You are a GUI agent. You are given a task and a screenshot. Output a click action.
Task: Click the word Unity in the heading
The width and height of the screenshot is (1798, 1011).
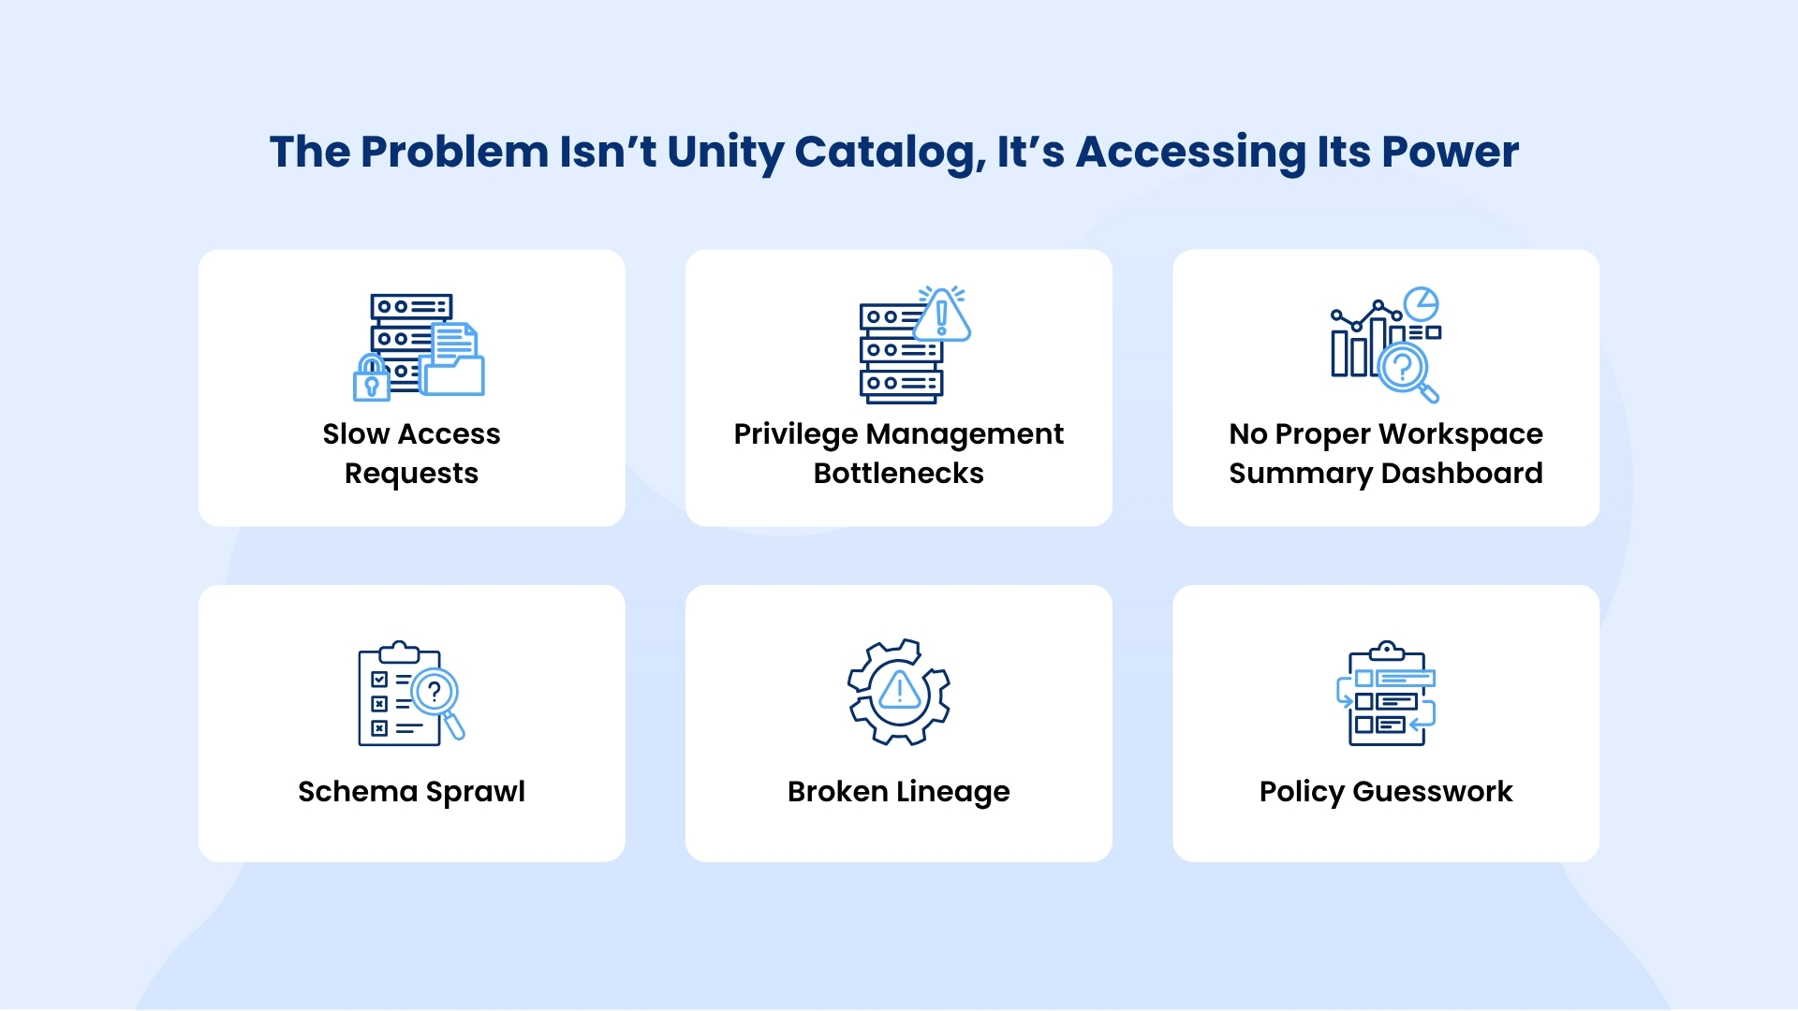tap(725, 153)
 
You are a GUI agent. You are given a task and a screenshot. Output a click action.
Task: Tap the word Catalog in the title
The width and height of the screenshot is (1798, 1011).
tap(891, 153)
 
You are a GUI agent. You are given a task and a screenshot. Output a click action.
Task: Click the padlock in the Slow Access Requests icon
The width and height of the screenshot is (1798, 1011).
tap(371, 378)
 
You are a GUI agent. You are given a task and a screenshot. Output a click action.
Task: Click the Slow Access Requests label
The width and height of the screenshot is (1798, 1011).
tap(411, 454)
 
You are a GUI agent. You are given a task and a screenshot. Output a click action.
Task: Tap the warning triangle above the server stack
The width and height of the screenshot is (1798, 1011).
tap(942, 315)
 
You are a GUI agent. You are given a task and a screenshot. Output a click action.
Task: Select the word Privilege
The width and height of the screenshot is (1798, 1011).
tap(796, 435)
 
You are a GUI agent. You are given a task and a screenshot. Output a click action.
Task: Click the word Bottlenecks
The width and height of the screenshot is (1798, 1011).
tap(899, 474)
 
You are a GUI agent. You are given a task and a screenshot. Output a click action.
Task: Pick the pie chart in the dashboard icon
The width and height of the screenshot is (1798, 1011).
tap(1422, 304)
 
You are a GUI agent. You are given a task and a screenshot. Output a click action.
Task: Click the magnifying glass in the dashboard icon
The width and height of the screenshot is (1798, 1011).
tap(1407, 372)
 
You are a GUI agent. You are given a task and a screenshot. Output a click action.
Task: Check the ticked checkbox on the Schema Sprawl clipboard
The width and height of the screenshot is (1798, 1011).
tap(379, 680)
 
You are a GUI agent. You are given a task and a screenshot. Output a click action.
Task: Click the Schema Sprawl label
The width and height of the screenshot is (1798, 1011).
tap(411, 792)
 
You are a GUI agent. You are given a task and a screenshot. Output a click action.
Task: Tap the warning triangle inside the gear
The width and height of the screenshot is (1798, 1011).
tap(900, 691)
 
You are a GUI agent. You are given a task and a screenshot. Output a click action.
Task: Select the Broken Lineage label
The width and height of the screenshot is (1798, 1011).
tap(899, 792)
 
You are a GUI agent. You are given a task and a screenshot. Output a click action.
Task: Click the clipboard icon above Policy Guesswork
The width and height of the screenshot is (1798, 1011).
tap(1386, 694)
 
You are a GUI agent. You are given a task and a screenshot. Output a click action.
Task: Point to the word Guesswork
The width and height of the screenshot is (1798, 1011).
tap(1433, 792)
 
